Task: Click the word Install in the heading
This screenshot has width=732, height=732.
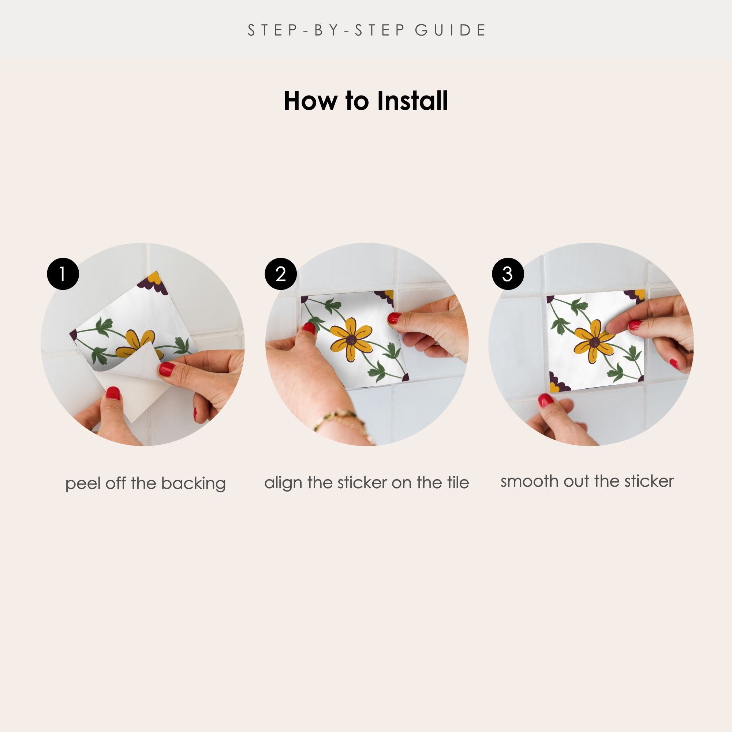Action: pos(412,101)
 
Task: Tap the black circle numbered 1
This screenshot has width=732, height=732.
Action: pos(63,274)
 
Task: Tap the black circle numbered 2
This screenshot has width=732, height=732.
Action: pos(281,274)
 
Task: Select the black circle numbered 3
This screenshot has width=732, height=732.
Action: pos(508,274)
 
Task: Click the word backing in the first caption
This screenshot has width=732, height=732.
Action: pos(193,484)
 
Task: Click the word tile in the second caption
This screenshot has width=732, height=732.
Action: pos(456,482)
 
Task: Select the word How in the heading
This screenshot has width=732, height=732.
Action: pos(310,101)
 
